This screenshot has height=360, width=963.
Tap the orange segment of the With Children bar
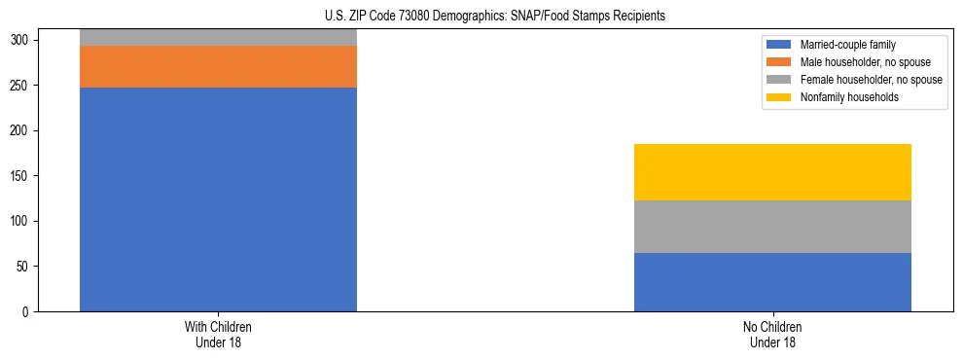(218, 67)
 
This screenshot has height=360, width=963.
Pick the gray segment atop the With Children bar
(218, 38)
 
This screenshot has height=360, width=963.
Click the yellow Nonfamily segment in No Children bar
(772, 172)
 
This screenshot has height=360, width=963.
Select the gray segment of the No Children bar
(772, 227)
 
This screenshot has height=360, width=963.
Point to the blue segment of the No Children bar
(772, 282)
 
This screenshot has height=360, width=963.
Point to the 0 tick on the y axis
(27, 312)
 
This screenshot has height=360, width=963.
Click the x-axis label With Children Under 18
(218, 335)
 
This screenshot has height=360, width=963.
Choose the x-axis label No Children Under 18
(772, 335)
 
